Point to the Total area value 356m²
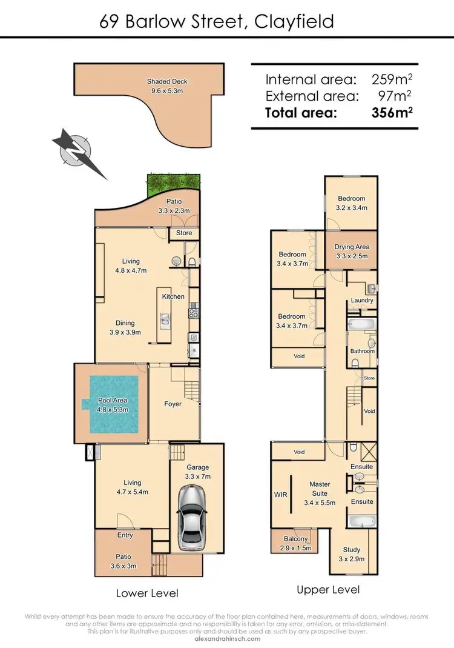[x=392, y=112]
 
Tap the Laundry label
[x=362, y=300]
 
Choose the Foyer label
[x=173, y=404]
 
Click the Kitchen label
[x=173, y=296]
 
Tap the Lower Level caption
[x=147, y=593]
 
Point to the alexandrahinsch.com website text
[x=226, y=638]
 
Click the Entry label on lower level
[x=125, y=535]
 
